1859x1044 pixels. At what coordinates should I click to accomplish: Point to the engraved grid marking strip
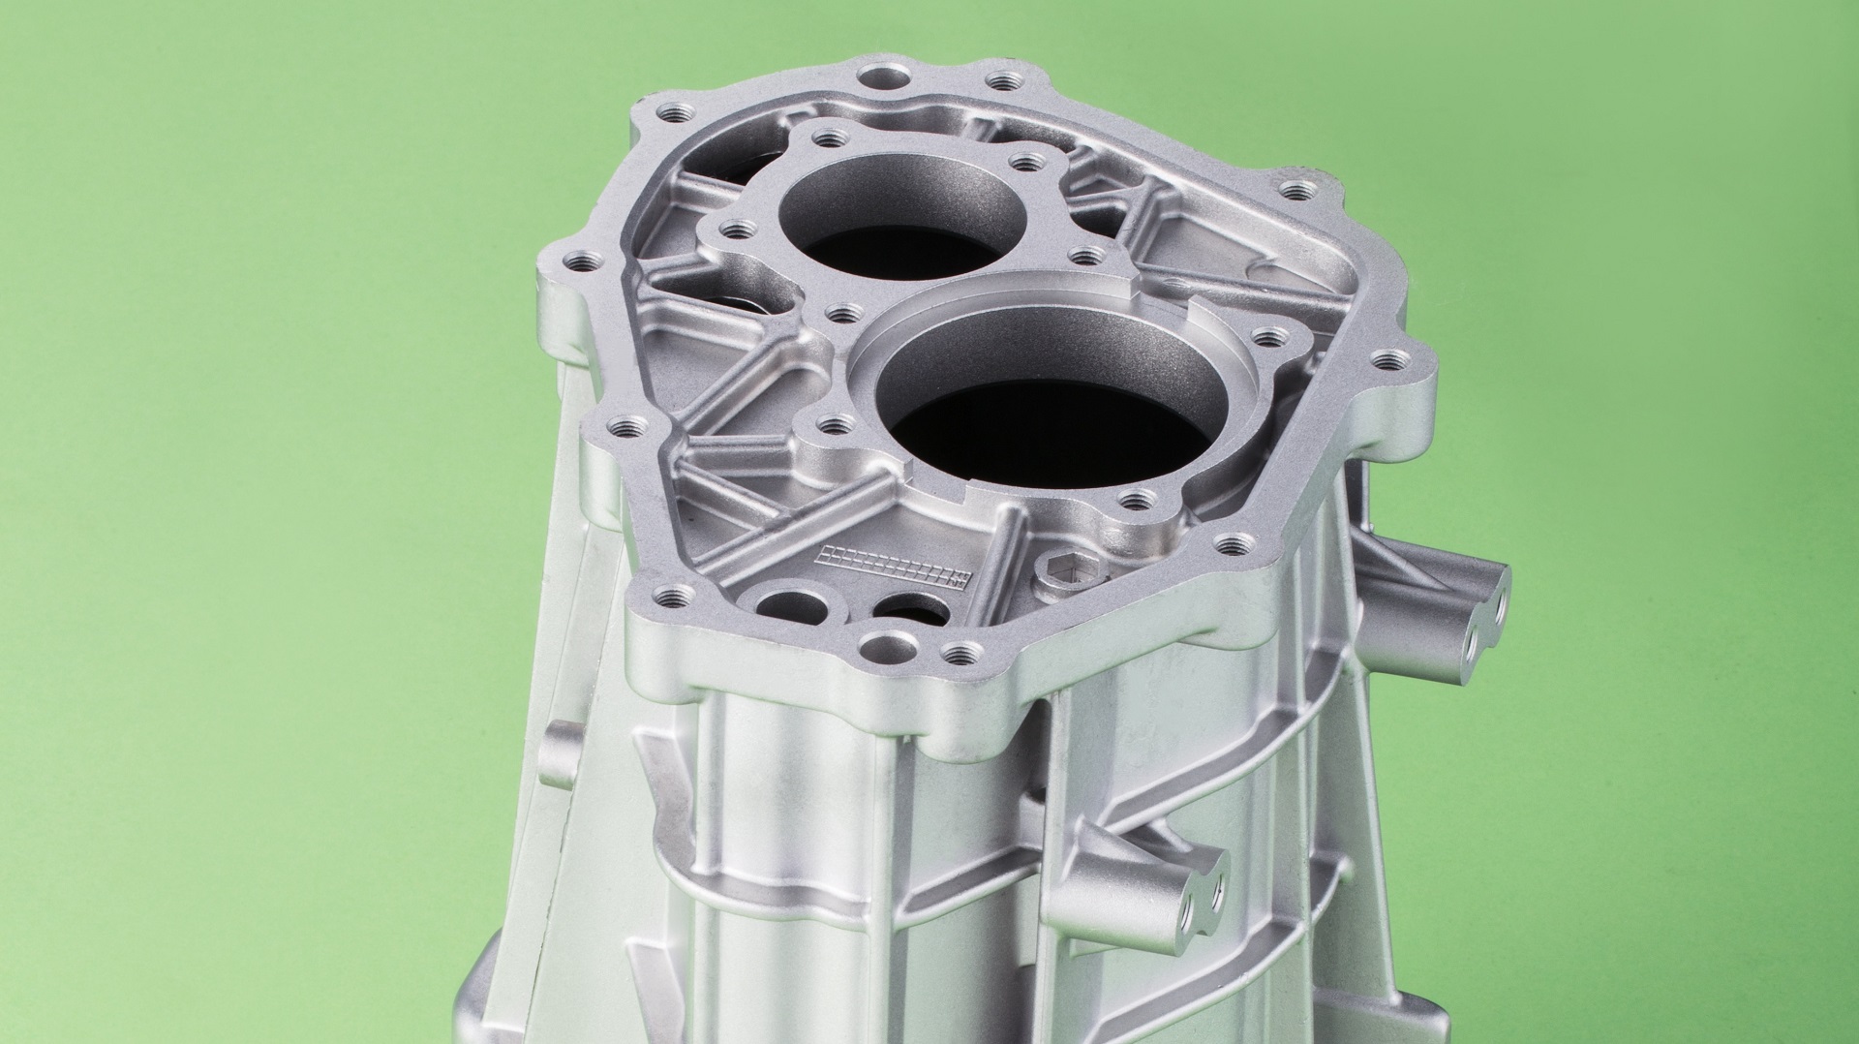(891, 566)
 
